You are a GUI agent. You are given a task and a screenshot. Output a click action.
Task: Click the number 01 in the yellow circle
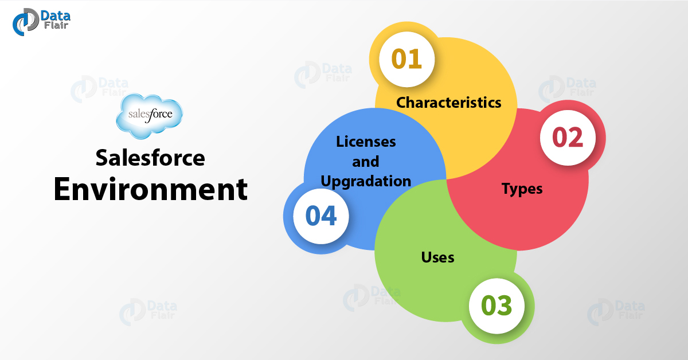(406, 59)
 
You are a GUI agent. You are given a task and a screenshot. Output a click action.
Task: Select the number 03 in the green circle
(497, 306)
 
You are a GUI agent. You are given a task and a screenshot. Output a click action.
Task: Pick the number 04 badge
(320, 217)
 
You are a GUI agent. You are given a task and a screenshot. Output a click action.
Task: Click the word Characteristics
(449, 103)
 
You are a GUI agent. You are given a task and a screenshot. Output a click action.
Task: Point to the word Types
(522, 189)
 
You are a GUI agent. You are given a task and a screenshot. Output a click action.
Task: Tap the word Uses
(437, 257)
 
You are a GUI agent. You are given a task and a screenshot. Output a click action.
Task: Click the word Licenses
(366, 141)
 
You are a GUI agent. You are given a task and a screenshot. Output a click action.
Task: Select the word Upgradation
(366, 181)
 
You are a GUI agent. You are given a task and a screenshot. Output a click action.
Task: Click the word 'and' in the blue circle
(366, 161)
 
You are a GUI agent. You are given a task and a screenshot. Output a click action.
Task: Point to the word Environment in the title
(150, 190)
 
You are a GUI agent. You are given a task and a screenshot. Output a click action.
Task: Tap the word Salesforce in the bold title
(150, 158)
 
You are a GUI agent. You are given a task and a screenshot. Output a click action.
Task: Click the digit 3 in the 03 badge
(505, 306)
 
